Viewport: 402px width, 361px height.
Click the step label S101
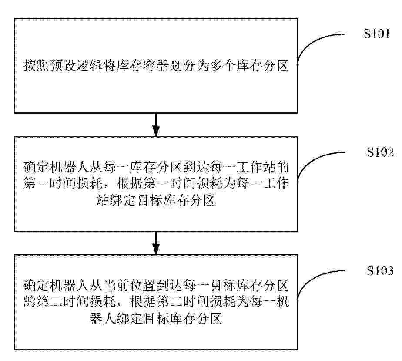pos(377,34)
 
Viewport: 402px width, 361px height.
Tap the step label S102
pos(380,152)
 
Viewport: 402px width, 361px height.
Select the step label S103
pos(380,270)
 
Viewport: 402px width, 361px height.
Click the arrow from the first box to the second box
pos(156,125)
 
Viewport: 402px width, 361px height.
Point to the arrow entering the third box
pos(156,243)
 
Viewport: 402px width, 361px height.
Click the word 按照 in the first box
pos(37,65)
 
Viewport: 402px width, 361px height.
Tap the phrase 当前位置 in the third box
pos(130,286)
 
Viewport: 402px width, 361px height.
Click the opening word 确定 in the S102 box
pos(37,167)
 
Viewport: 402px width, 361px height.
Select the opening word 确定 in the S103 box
pos(37,286)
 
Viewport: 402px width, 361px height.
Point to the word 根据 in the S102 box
pos(130,183)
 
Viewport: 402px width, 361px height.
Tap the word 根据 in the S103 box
pos(143,302)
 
